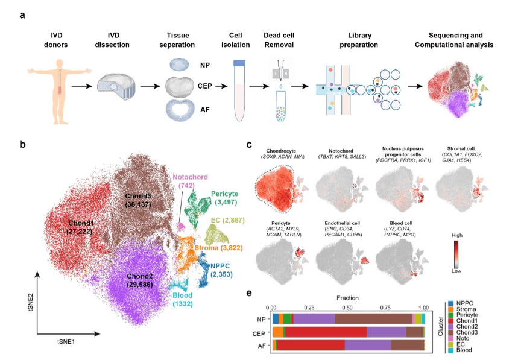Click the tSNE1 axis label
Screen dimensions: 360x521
68,341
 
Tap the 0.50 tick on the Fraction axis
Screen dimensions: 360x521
349,306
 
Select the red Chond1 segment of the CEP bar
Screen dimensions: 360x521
326,331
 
